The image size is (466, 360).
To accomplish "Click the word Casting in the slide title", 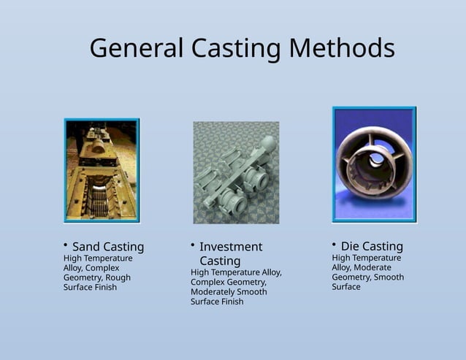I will [236, 48].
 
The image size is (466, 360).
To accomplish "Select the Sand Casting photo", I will [102, 170].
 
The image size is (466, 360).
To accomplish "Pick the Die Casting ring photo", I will [374, 164].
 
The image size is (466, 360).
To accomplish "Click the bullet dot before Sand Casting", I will [65, 243].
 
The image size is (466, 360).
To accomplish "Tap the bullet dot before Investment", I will [192, 244].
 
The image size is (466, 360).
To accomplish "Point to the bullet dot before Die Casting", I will [334, 243].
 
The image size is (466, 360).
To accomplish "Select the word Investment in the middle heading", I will [231, 247].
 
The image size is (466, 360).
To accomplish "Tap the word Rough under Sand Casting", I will [118, 277].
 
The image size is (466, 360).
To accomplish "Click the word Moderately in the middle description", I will [217, 292].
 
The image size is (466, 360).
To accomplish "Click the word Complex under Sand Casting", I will [102, 268].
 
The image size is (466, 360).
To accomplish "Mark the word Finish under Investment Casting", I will [231, 302].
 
